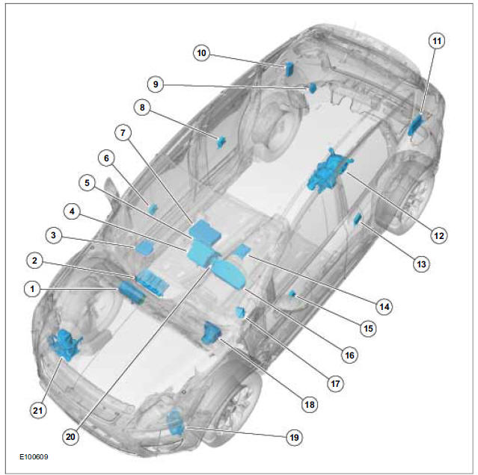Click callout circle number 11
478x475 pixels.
coord(437,41)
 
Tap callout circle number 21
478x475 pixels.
coord(38,411)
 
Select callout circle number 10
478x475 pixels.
coord(201,53)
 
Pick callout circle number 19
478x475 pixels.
coord(294,437)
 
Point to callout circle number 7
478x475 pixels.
coord(123,133)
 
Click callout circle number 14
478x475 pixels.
coord(384,307)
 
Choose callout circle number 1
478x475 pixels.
coord(32,289)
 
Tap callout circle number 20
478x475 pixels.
coord(70,437)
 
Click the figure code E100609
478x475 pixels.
coord(34,457)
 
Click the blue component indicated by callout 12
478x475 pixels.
coord(330,170)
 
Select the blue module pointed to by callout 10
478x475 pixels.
coord(289,69)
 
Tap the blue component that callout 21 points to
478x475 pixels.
coord(64,344)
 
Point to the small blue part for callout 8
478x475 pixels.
coord(221,142)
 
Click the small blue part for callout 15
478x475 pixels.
coord(292,294)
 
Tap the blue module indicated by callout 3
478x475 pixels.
coord(144,247)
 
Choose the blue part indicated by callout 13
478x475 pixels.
coord(358,220)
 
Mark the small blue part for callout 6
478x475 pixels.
coord(153,208)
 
